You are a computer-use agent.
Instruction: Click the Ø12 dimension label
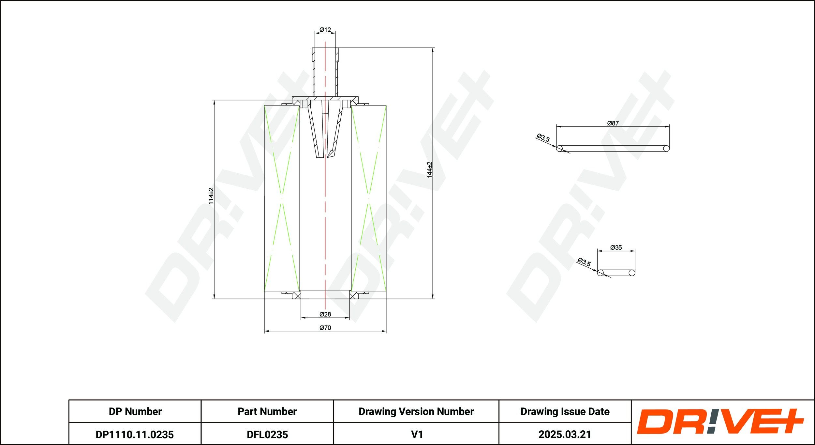coord(325,30)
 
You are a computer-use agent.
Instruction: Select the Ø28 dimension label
coord(325,314)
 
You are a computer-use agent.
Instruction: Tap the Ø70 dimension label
coord(325,327)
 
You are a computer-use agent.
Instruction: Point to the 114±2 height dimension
coord(211,196)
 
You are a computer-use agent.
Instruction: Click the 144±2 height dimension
coord(430,170)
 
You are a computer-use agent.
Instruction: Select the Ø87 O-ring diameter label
coord(613,123)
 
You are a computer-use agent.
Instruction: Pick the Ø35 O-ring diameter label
coord(616,247)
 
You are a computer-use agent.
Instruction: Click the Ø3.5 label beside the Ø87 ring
coord(543,137)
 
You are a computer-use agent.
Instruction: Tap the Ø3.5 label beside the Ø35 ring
coord(584,262)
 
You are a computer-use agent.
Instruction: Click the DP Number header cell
coord(135,411)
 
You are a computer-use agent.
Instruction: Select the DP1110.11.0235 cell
coord(135,435)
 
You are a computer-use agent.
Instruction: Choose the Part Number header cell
coord(267,411)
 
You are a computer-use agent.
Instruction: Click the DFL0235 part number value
coord(267,435)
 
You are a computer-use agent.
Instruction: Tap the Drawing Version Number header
coord(416,411)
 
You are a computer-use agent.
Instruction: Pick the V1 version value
coord(417,435)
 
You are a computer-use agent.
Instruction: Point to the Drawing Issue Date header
coord(565,411)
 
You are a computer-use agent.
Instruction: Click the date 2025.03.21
coord(565,435)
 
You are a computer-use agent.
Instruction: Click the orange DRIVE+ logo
coord(720,421)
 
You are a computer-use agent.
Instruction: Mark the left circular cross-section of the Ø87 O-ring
coord(559,149)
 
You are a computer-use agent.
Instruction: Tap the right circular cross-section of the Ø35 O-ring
coord(632,273)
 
